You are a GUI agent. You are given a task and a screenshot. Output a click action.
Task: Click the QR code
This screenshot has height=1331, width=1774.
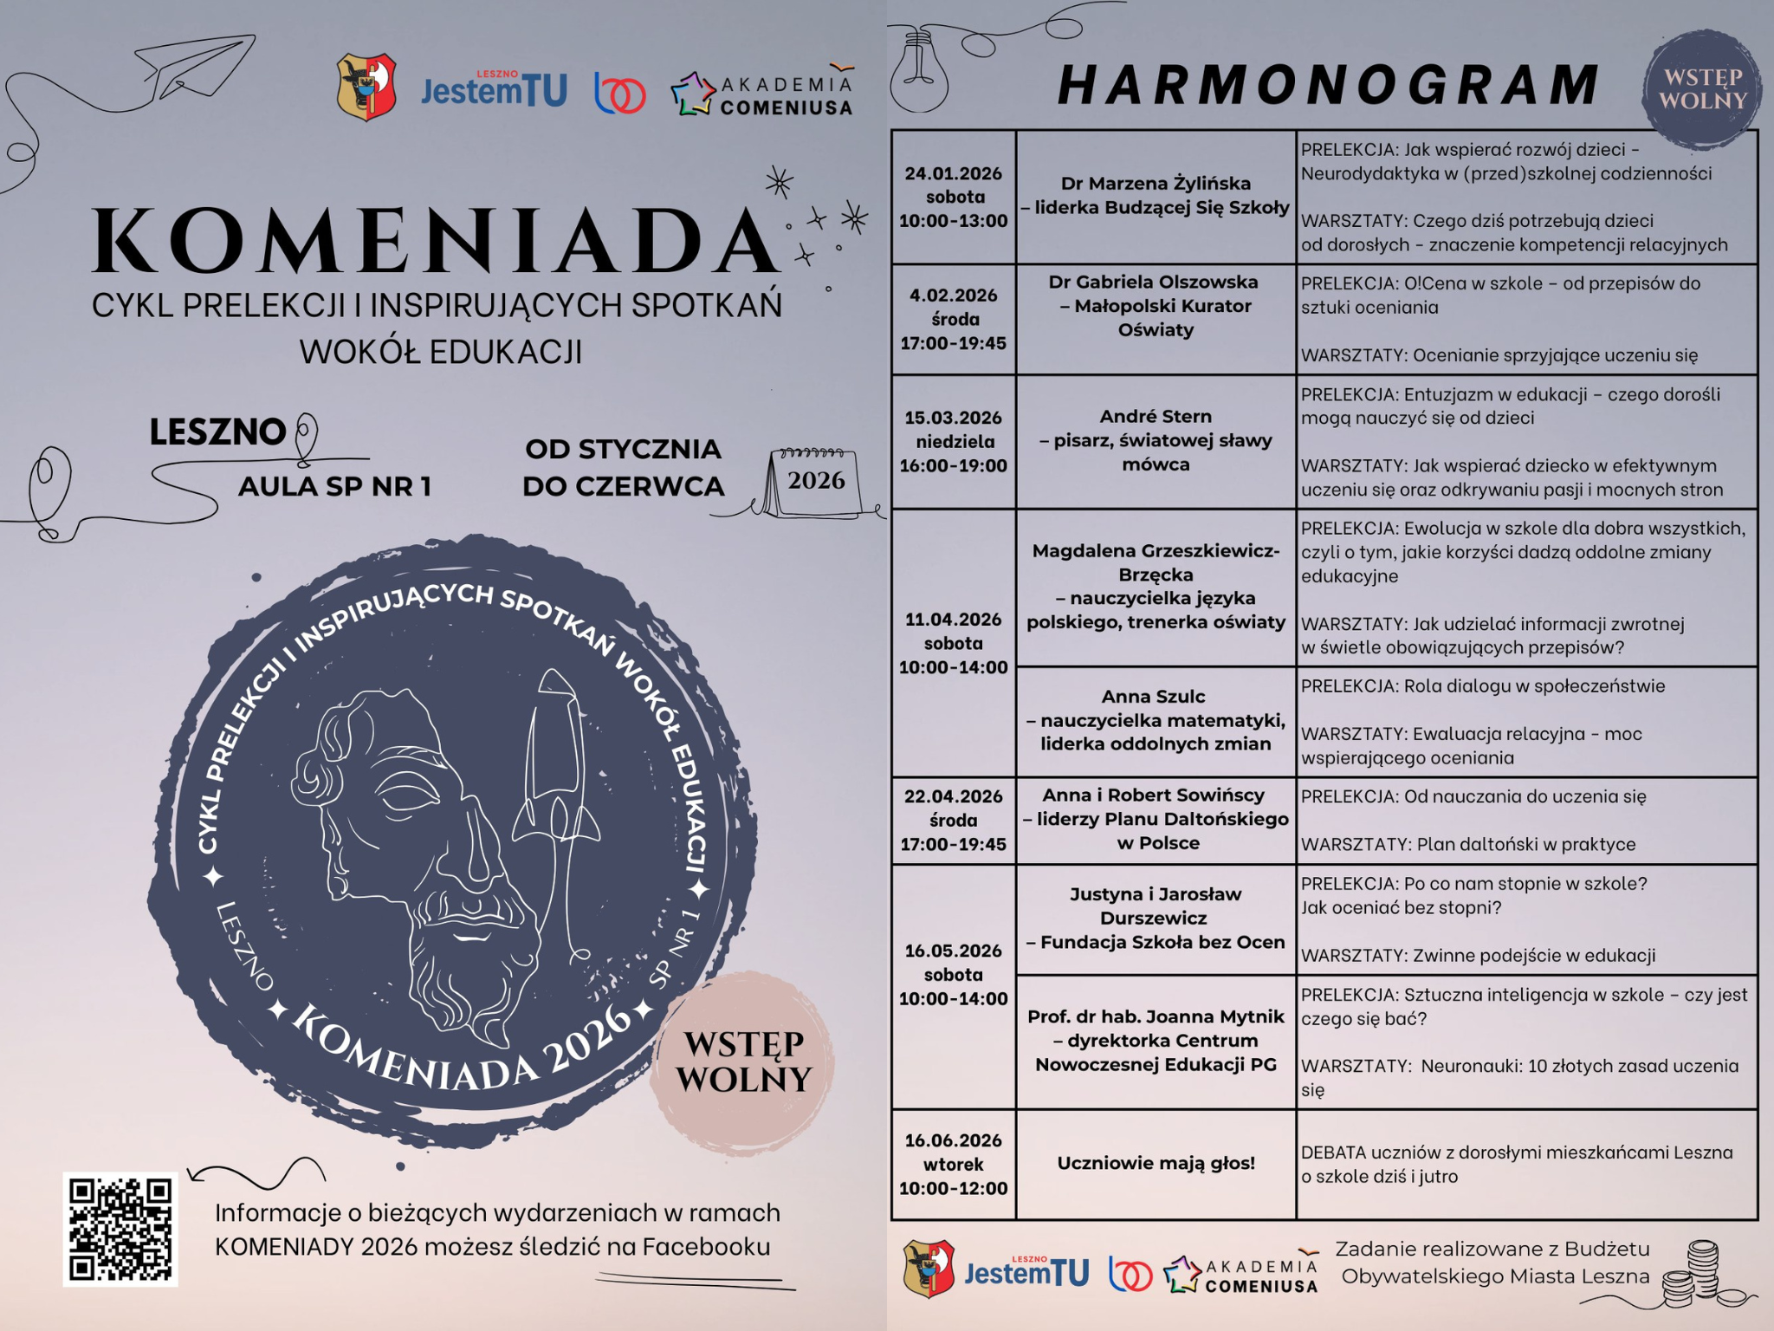(120, 1229)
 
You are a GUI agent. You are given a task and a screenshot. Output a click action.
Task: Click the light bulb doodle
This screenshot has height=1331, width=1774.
(919, 73)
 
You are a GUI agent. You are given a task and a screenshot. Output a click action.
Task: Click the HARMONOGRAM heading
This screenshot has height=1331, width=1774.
(1328, 85)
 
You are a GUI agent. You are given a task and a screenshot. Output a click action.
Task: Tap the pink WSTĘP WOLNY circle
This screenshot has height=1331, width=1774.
(743, 1060)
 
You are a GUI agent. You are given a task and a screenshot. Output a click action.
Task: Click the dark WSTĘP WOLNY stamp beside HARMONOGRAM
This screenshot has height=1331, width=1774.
(1701, 89)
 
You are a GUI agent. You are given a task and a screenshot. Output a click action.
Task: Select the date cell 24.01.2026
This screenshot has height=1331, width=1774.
(953, 197)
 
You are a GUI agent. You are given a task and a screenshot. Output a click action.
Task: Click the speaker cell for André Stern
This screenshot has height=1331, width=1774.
(1156, 441)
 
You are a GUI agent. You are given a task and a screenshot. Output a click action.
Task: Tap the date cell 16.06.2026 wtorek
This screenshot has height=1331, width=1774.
(953, 1164)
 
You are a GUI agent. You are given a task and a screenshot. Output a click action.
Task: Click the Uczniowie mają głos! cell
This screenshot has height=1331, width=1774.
(1156, 1164)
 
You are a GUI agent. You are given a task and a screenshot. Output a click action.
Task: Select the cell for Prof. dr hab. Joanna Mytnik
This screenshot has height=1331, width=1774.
(1156, 1041)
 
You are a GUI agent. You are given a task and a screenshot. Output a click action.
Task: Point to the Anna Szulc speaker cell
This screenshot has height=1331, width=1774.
(1156, 721)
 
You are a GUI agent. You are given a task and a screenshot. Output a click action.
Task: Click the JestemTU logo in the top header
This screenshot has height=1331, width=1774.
(494, 89)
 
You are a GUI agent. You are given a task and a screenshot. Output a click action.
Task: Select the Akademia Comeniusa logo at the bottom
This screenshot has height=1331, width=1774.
(1240, 1275)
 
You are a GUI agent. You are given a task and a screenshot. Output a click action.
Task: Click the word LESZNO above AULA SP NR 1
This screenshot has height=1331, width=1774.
(217, 432)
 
